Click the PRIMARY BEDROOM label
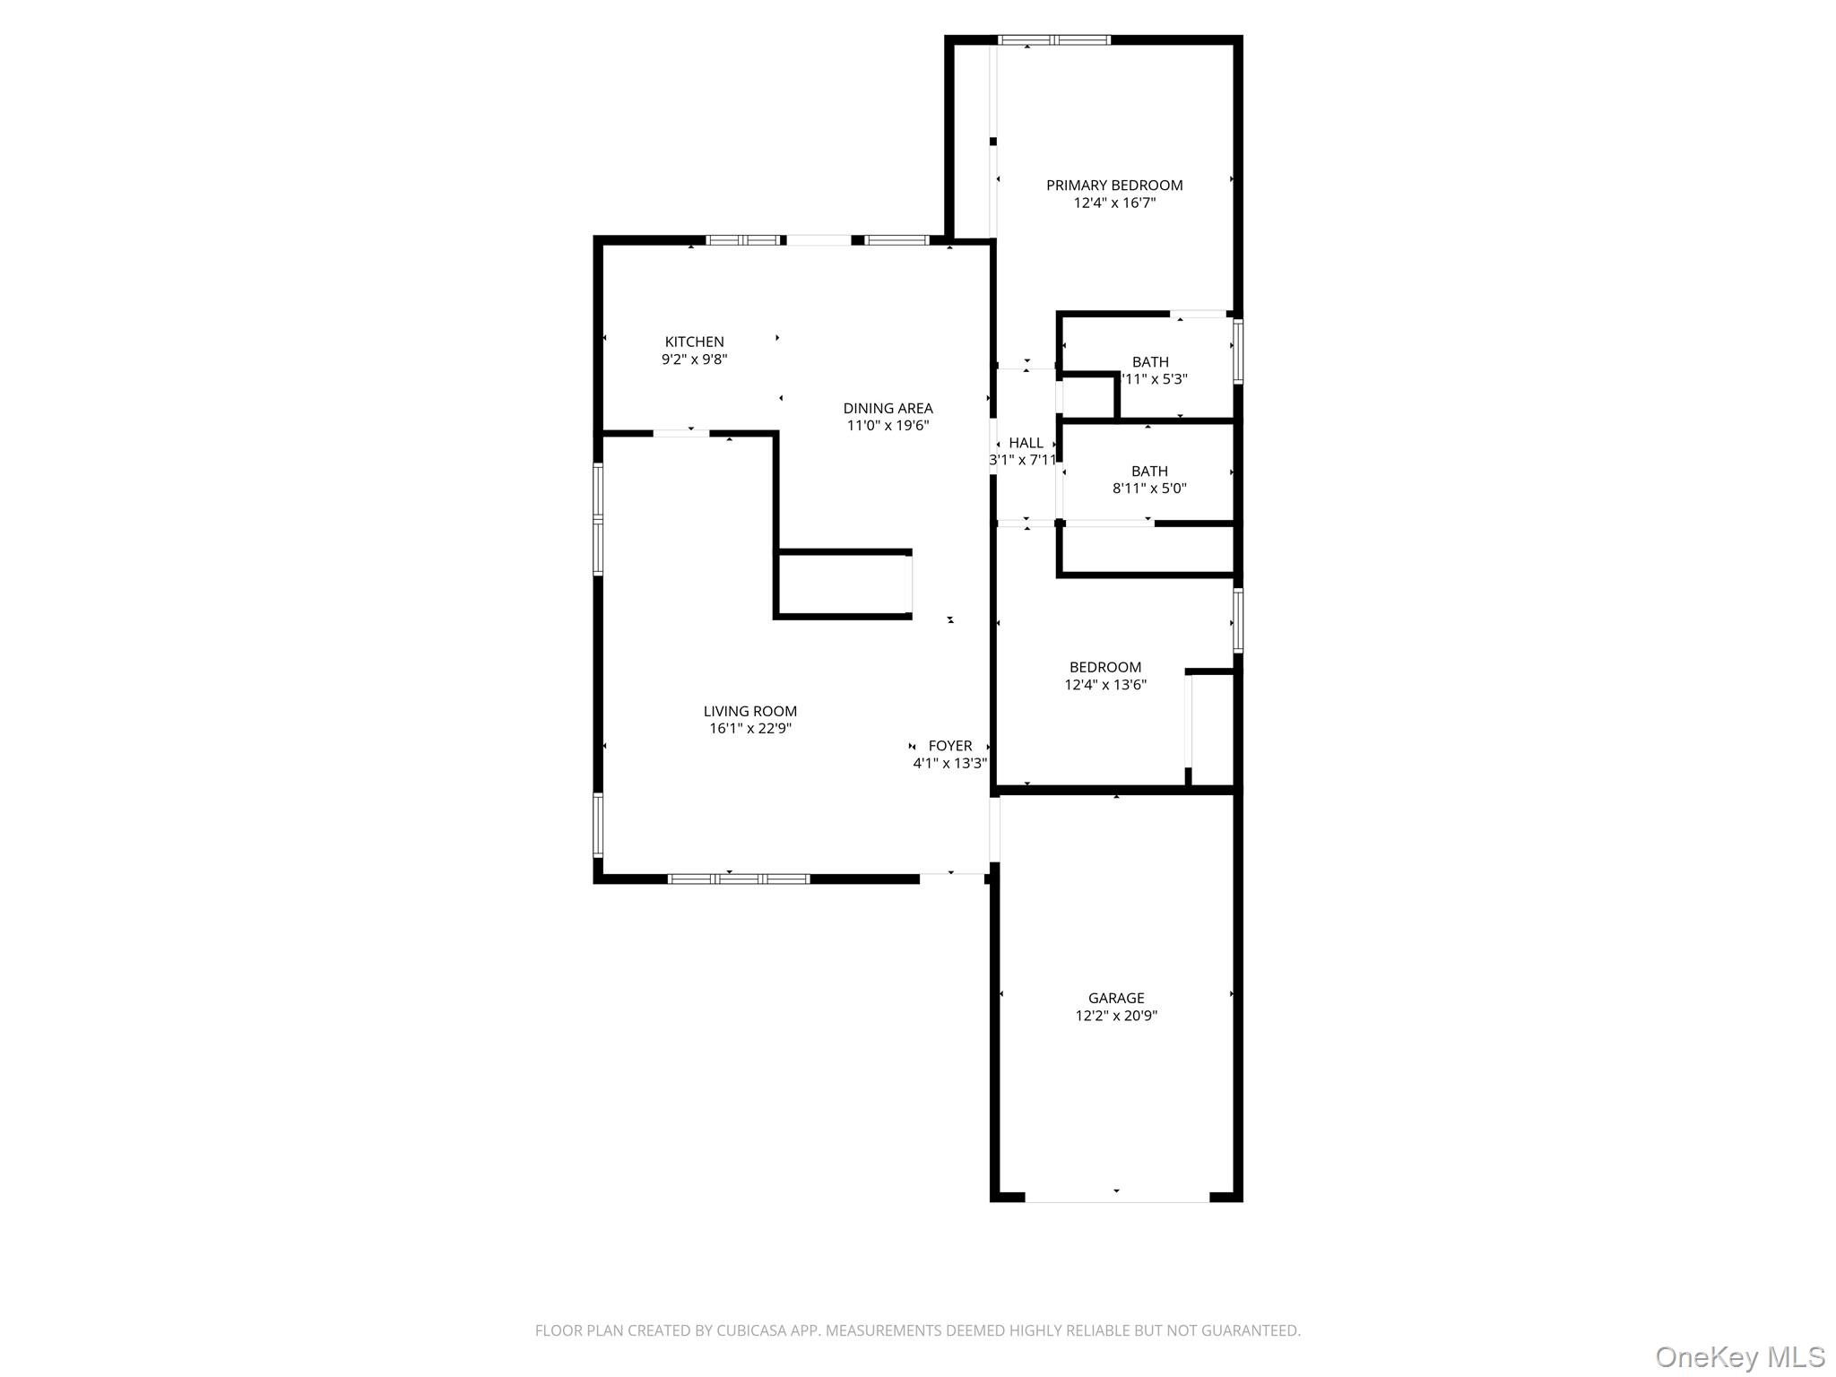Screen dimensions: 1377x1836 pos(1114,186)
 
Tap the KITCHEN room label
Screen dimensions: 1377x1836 pos(694,342)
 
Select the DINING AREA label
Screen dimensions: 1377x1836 pos(888,409)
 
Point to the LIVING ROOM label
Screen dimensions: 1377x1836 pos(749,712)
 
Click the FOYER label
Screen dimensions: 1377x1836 pos(950,746)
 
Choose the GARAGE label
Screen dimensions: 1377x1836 pos(1116,998)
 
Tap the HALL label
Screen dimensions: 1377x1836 pos(1026,443)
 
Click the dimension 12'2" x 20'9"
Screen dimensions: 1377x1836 pos(1116,1016)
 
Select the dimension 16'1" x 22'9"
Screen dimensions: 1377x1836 pos(749,729)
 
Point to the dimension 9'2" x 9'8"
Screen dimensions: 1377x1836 pos(694,359)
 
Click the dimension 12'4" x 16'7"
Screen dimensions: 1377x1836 pos(1114,203)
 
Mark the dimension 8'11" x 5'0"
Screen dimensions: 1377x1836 pos(1149,489)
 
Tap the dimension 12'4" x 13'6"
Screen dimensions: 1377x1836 pos(1105,685)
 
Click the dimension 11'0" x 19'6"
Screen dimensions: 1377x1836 pos(888,426)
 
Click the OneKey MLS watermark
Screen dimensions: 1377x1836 pos(1739,1356)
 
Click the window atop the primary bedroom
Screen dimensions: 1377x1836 pos(1054,40)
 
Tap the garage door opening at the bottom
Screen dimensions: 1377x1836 pos(1117,1197)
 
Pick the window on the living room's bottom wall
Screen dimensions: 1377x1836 pos(739,879)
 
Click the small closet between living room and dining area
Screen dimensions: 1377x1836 pos(844,584)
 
